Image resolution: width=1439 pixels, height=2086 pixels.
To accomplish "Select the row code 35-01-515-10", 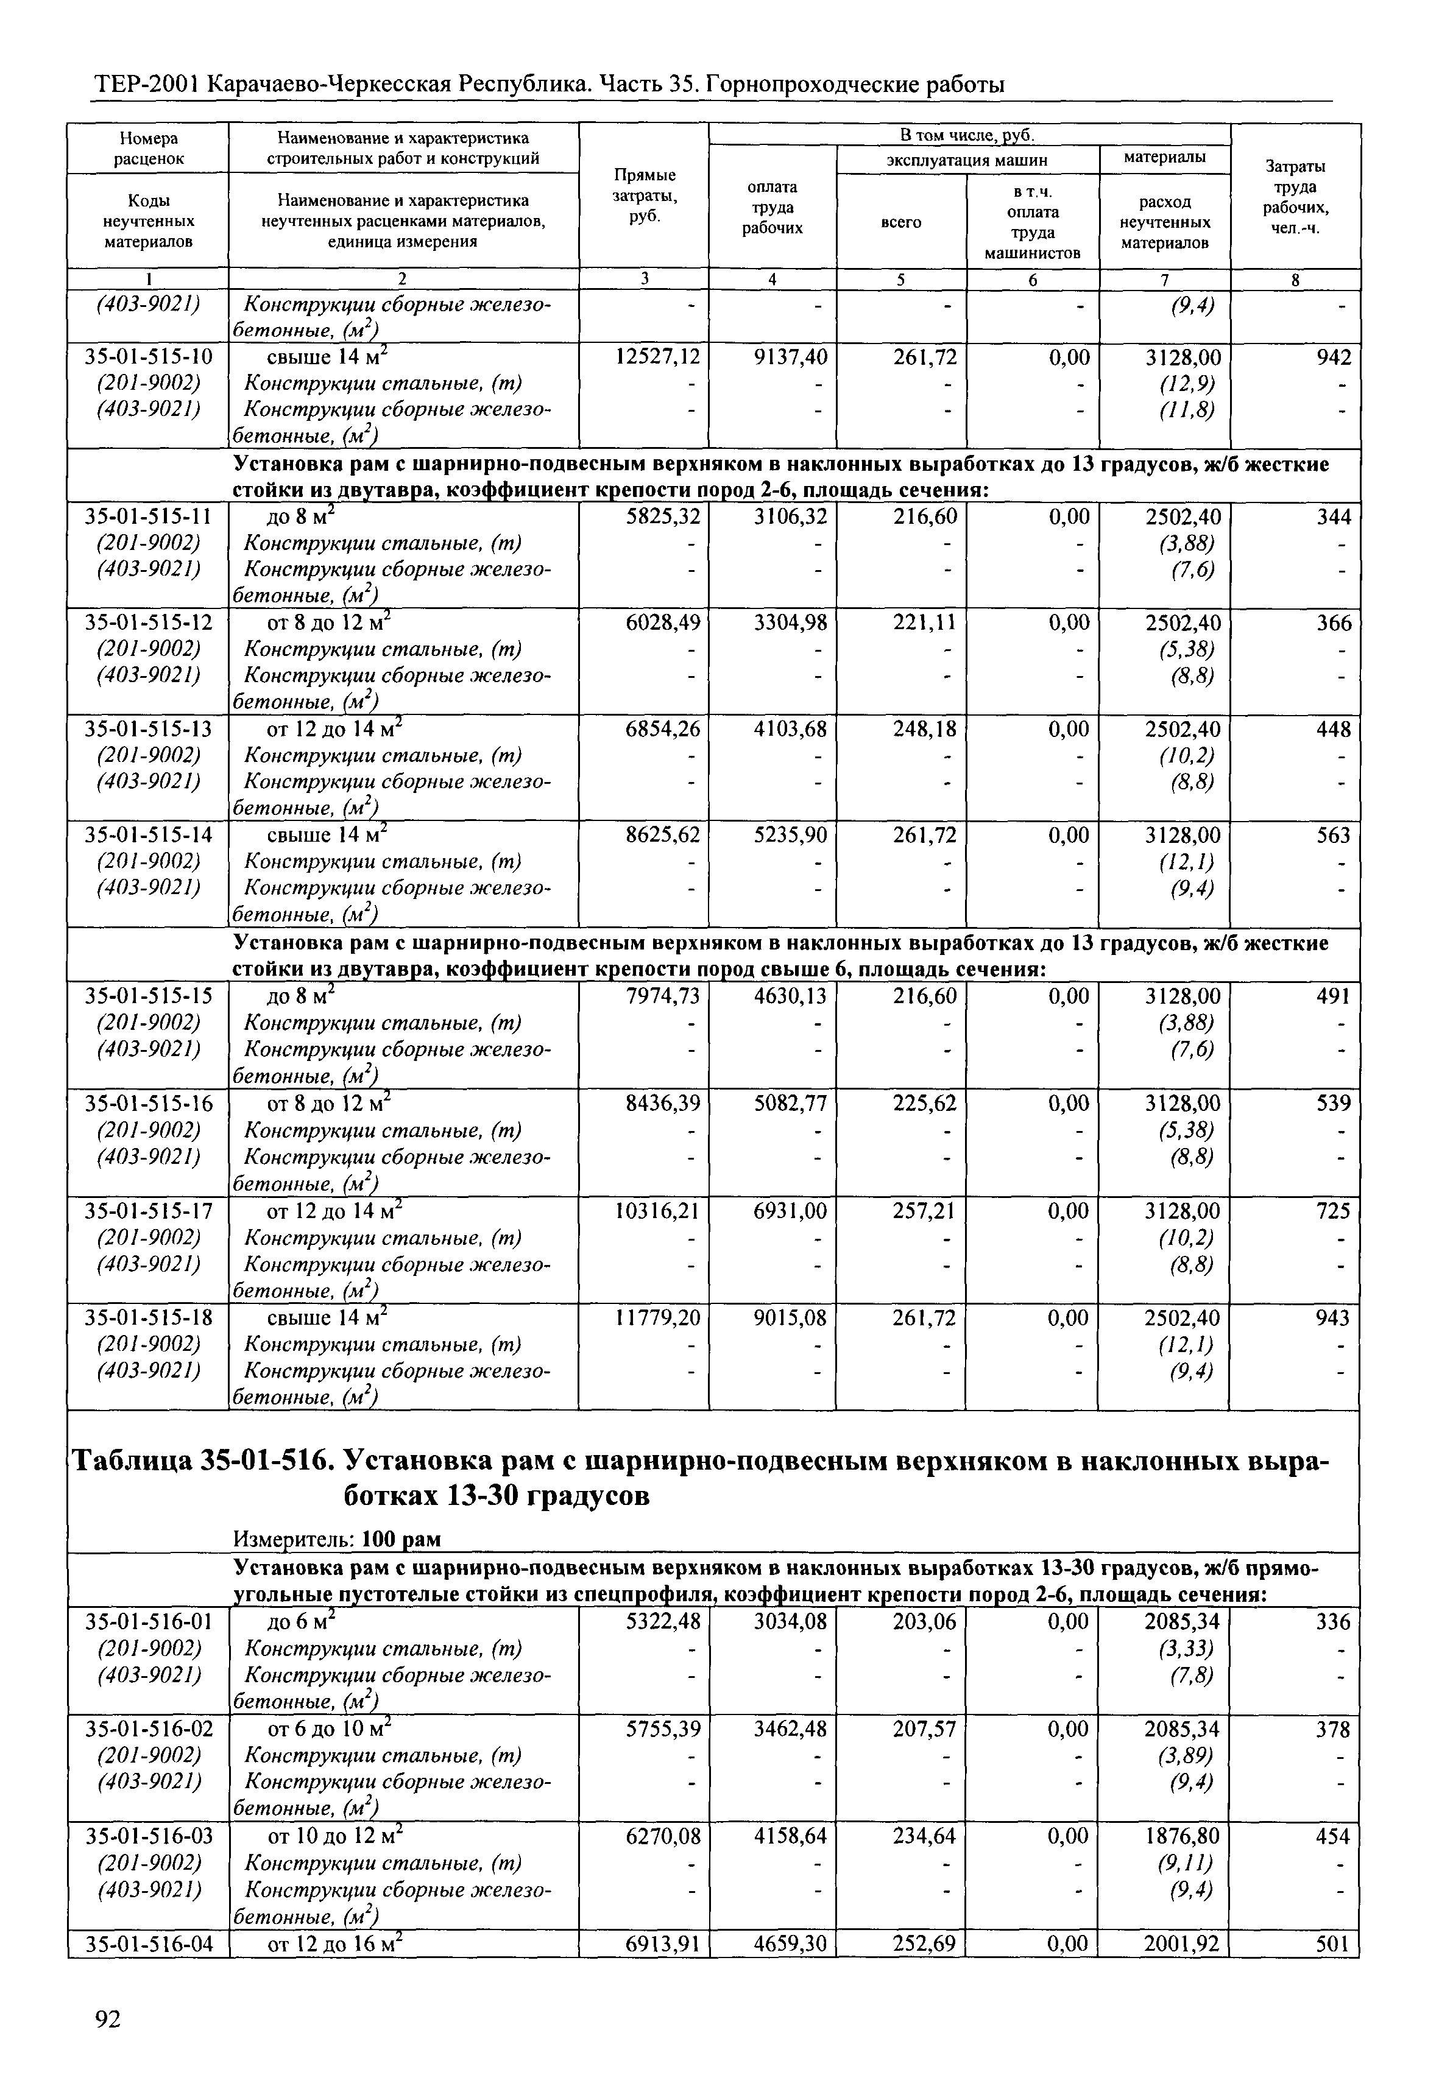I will click(149, 358).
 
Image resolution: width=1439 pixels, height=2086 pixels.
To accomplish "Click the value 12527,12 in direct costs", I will click(657, 358).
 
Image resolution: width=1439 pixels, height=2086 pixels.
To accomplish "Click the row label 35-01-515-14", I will click(149, 836).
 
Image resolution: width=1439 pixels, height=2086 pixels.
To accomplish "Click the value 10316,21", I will click(657, 1211).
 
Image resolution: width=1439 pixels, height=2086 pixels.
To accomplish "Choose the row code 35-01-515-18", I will click(149, 1318).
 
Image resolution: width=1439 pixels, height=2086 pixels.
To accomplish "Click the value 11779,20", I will click(657, 1318).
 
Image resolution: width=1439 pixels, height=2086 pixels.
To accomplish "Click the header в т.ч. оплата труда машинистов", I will click(1033, 222).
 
